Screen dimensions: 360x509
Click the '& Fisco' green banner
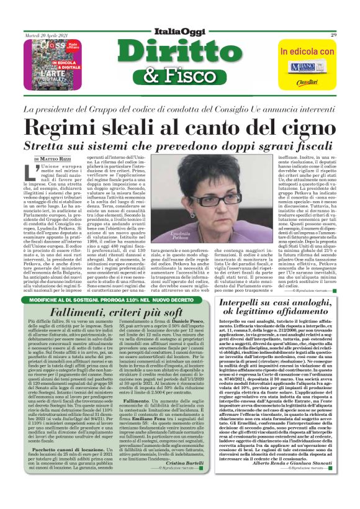(180, 76)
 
